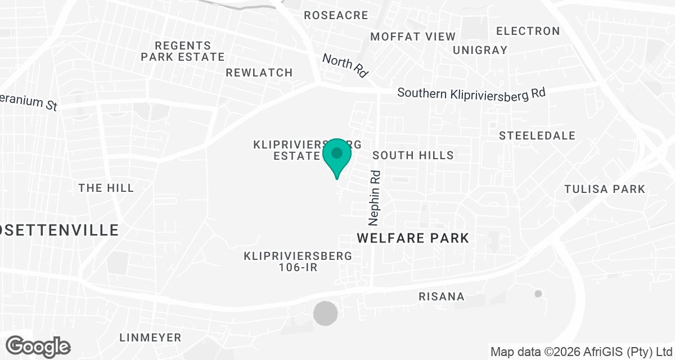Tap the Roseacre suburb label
coord(335,15)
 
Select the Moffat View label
coord(413,37)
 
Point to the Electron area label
coord(528,31)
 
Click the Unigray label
coord(480,50)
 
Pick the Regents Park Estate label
coord(182,51)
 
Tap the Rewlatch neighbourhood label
coord(259,73)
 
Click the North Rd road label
coord(345,65)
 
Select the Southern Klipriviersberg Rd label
coord(471,93)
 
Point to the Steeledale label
coord(537,136)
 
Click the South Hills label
coord(413,155)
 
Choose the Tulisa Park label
coord(605,189)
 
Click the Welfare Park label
coord(413,238)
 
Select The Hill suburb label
coord(106,188)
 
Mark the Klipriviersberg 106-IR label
coord(298,262)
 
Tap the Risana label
coord(442,296)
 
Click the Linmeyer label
coord(150,337)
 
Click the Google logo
coord(38,346)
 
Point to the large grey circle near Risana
coord(326,313)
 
